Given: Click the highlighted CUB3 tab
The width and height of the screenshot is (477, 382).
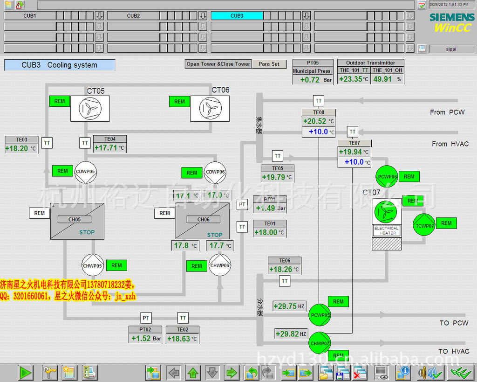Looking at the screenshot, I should point(237,15).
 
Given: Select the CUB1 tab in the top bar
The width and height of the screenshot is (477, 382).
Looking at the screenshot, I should point(30,15).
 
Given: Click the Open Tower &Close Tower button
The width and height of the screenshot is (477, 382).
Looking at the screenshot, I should point(218,64).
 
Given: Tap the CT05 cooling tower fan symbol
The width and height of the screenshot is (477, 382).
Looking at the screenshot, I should point(90,109).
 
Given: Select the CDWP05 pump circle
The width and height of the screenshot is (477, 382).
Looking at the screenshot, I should point(85,172).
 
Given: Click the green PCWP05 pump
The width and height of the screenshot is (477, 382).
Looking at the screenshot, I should point(320,315).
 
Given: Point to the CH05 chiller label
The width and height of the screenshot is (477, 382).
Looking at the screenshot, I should point(74,220).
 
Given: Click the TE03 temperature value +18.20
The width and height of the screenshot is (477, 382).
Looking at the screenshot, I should point(17,149).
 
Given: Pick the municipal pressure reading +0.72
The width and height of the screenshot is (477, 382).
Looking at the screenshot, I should point(310,80).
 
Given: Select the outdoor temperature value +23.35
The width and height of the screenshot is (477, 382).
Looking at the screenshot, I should point(351,79).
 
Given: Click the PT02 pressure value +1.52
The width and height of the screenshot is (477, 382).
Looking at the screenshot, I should point(141,339).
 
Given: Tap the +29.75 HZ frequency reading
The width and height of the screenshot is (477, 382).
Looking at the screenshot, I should point(285,306).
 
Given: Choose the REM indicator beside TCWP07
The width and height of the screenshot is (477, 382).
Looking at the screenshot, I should point(446,223).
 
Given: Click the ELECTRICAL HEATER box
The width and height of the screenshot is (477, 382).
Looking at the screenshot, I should point(387,230).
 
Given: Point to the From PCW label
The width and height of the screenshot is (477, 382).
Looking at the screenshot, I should point(447,112).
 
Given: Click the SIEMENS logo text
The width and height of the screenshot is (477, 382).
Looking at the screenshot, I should point(452,17).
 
